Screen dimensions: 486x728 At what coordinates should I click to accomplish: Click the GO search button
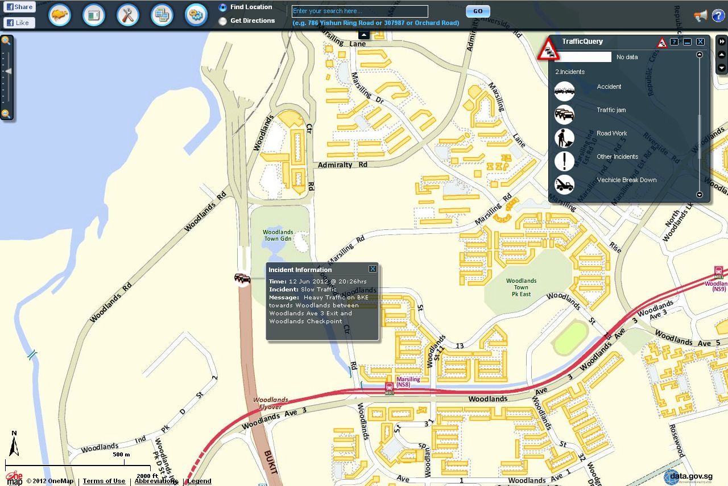[478, 11]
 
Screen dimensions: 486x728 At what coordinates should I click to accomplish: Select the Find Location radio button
[222, 7]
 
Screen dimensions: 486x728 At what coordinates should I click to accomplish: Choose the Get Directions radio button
[222, 21]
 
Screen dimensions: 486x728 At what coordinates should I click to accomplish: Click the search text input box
[360, 11]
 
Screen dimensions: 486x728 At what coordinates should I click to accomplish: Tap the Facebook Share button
[19, 7]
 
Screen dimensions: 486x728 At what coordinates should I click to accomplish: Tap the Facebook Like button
[19, 23]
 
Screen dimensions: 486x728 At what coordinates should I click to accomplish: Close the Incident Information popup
[373, 269]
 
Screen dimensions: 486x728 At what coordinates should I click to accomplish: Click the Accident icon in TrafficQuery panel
[564, 91]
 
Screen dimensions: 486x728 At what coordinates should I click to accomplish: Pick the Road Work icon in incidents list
[564, 138]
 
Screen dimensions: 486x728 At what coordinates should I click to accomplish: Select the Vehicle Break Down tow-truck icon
[564, 184]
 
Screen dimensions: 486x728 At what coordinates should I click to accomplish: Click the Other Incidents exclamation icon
[564, 161]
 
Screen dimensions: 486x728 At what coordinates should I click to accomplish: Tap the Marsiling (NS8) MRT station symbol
[390, 388]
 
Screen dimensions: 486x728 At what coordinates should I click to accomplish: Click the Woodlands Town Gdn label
[278, 235]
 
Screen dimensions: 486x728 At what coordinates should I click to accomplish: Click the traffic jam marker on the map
[242, 278]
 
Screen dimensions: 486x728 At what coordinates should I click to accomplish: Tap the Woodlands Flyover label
[271, 403]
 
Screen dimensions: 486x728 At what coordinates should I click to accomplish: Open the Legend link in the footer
[200, 481]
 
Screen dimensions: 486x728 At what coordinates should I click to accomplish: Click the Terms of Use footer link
[104, 481]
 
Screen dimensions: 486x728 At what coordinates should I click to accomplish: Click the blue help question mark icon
[718, 15]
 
